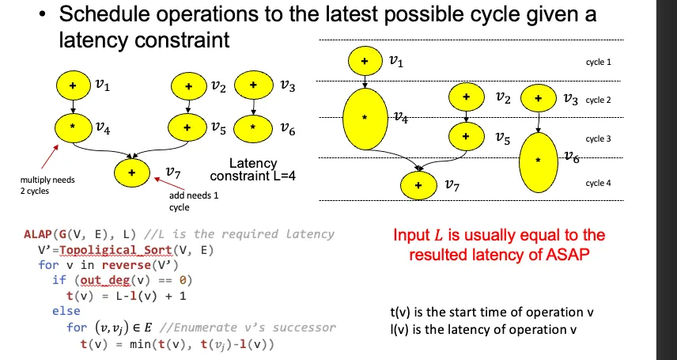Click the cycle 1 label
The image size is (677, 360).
[x=598, y=62]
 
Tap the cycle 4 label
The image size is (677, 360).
[x=598, y=184]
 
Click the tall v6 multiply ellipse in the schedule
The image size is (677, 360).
[x=539, y=161]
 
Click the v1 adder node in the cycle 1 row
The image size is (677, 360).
[x=365, y=60]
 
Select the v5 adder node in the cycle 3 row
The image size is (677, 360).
[x=466, y=136]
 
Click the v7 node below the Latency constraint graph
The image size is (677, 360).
[x=132, y=172]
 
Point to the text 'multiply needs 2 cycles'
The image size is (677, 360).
[x=47, y=184]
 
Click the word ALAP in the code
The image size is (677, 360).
[x=38, y=234]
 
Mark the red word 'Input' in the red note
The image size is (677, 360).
[x=414, y=235]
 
